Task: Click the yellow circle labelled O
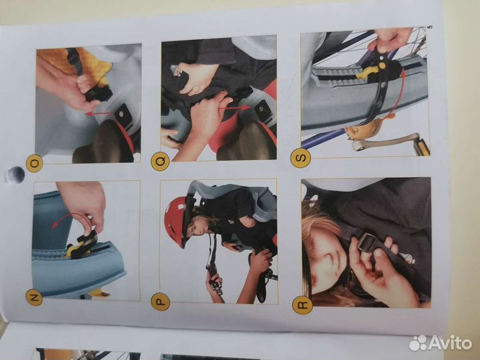pos(34,163)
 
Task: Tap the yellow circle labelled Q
pos(160,161)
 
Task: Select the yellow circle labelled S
pos(301,158)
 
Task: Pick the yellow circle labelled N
pos(34,297)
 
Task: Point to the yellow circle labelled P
pos(161,301)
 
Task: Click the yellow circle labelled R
pos(303,305)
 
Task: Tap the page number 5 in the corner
pos(429,27)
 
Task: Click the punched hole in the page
pos(16,175)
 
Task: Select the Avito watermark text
pos(441,343)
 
